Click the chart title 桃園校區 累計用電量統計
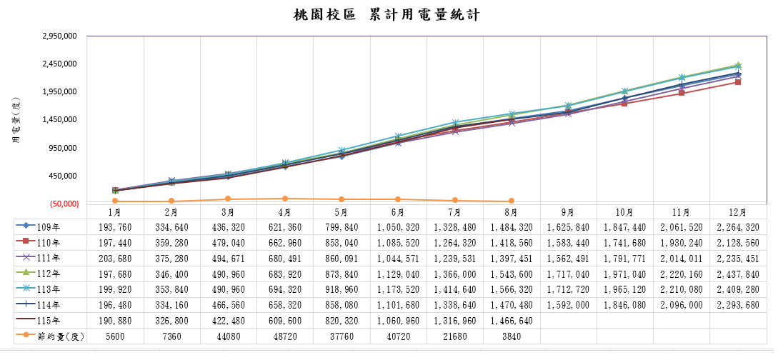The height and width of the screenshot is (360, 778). (x=386, y=15)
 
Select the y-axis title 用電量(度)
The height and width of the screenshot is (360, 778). (x=16, y=121)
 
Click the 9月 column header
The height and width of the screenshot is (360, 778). (x=568, y=212)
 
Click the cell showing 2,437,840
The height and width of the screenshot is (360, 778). (x=738, y=274)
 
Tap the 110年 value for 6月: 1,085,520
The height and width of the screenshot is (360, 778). (x=398, y=244)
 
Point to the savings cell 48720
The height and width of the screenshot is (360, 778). (x=285, y=336)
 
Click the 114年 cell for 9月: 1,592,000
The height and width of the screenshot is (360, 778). (x=568, y=306)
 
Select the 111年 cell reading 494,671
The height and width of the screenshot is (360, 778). (x=228, y=259)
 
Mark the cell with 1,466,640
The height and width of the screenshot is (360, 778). (x=512, y=321)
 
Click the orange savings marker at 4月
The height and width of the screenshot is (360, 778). (x=285, y=199)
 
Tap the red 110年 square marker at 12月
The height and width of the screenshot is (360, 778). (x=738, y=82)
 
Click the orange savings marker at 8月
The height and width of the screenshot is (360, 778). (x=512, y=201)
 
